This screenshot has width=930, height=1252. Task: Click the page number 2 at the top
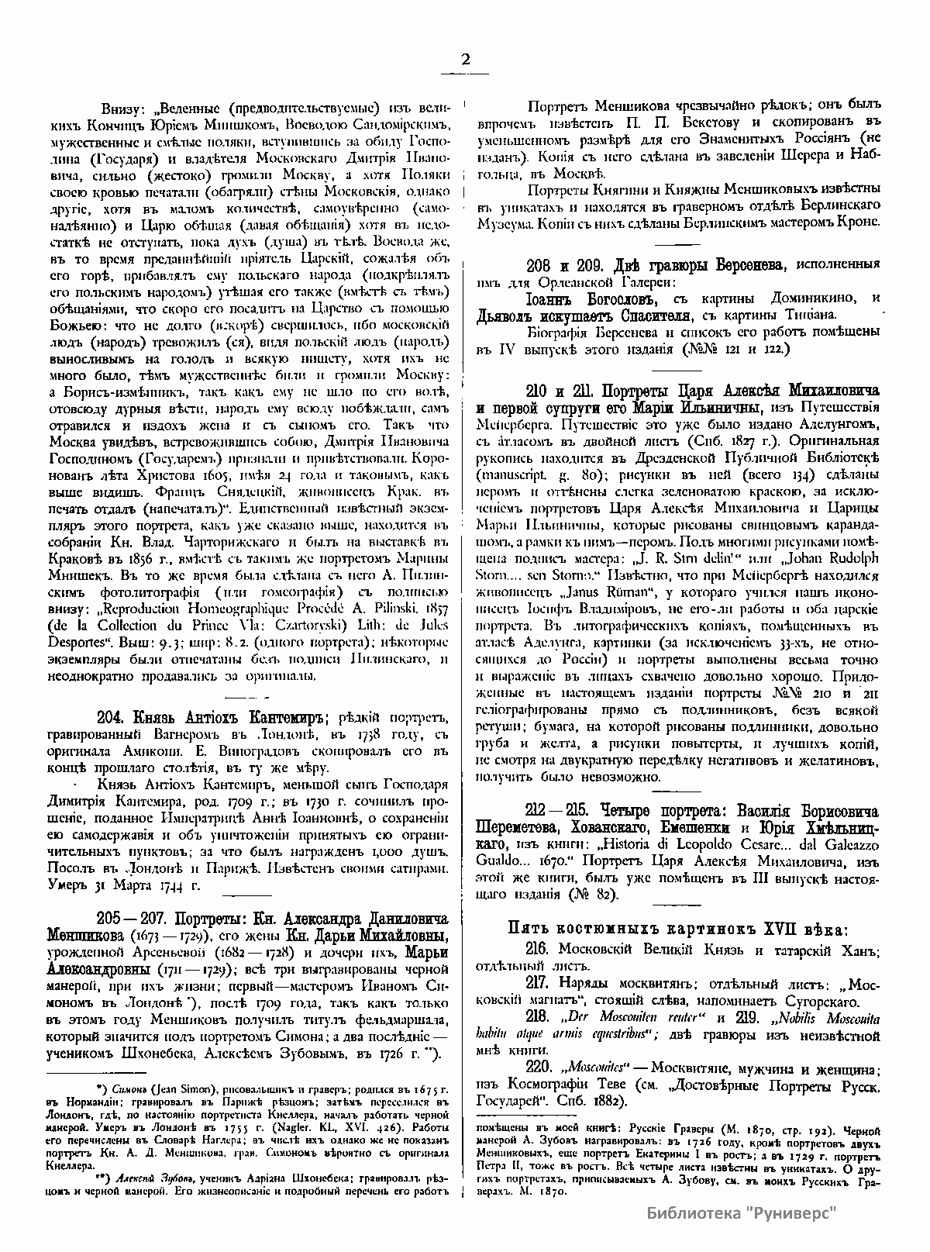coord(465,60)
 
